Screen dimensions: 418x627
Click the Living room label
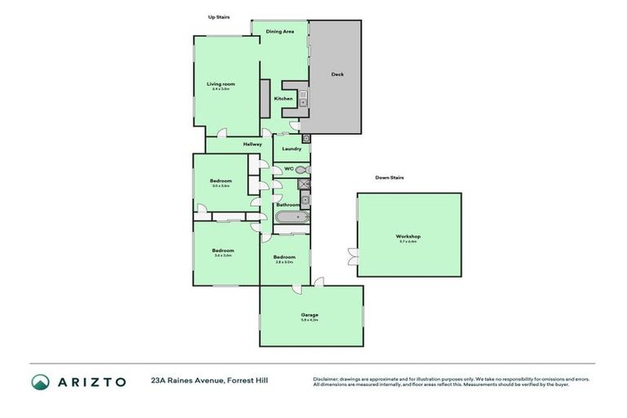pos(220,84)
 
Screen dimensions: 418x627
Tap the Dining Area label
pos(280,31)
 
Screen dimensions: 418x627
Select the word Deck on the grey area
pos(337,74)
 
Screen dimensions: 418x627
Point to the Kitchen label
pos(283,99)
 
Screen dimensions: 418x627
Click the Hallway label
pos(252,145)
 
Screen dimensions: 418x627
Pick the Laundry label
pos(291,149)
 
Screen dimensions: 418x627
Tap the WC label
pos(288,169)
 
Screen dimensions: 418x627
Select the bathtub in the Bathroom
pos(291,218)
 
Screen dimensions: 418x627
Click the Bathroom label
pos(287,205)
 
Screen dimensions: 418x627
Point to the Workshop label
pos(408,236)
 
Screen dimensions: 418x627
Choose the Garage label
pos(309,314)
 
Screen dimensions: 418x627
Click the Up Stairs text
pos(218,16)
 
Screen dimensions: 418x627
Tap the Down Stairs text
pos(389,177)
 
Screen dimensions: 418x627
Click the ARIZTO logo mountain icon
pos(41,381)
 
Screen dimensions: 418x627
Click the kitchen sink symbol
pos(302,102)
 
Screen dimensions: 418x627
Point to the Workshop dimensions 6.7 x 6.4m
pos(408,242)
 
